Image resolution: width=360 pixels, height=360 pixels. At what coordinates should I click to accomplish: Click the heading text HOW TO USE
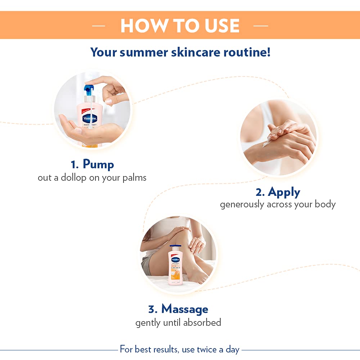(x=180, y=26)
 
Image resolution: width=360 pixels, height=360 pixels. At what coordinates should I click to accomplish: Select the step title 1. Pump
(x=92, y=164)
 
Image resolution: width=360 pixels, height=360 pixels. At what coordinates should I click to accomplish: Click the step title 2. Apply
(x=278, y=192)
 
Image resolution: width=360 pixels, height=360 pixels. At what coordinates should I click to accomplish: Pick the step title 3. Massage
(x=178, y=309)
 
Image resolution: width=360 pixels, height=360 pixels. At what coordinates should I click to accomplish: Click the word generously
(x=242, y=204)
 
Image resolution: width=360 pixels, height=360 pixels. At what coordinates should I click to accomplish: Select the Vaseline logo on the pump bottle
(x=89, y=118)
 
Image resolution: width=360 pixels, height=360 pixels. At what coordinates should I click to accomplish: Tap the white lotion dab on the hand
(x=267, y=144)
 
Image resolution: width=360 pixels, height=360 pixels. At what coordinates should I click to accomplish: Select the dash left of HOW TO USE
(x=99, y=26)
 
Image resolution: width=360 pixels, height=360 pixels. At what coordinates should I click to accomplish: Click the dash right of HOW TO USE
(x=261, y=26)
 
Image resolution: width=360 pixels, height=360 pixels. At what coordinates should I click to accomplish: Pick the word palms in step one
(x=135, y=178)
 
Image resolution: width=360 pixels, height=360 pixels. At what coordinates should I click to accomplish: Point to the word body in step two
(x=325, y=204)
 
